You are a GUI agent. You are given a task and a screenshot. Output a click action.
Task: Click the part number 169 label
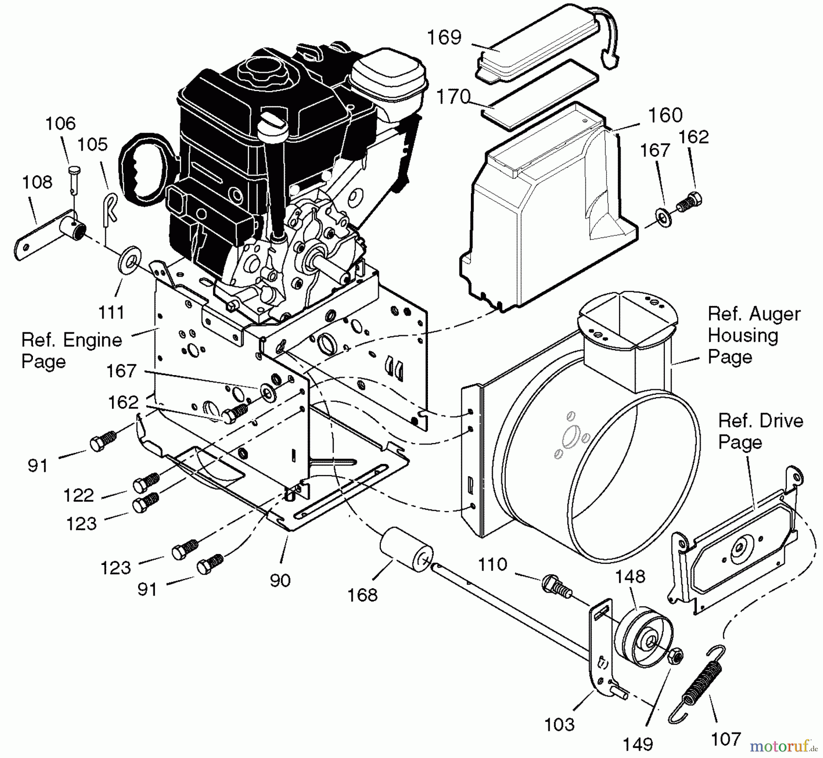click(444, 38)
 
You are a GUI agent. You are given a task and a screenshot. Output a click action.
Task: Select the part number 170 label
click(454, 97)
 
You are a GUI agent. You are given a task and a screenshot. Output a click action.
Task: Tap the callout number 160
click(665, 115)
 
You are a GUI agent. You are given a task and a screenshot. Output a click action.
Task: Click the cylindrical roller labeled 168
click(406, 551)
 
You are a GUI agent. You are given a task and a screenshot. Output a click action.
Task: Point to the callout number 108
click(37, 182)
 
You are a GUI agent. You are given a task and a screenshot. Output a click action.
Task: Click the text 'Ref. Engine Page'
click(72, 351)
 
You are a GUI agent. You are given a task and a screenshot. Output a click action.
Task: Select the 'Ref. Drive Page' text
click(760, 431)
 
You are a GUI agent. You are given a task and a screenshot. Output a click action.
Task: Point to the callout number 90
click(280, 580)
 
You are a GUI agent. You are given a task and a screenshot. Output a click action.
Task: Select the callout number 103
click(560, 725)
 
